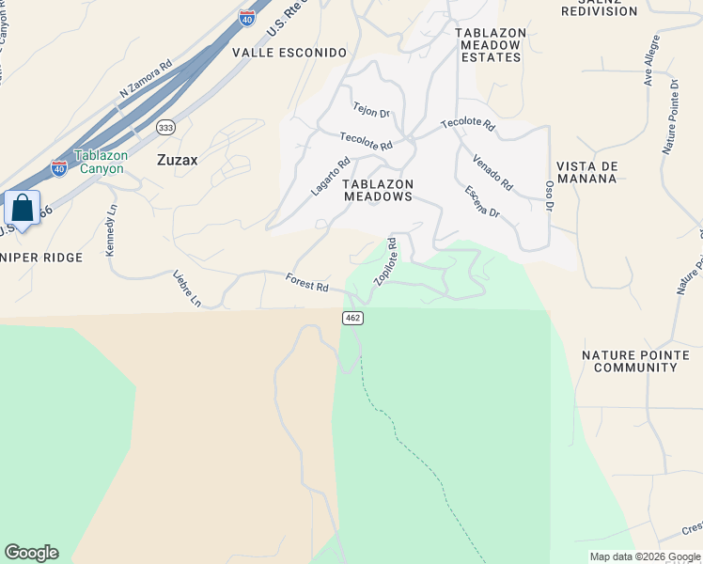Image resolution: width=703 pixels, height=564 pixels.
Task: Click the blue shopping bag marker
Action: coord(22,208)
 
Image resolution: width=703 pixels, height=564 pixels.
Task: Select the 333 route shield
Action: coord(166,127)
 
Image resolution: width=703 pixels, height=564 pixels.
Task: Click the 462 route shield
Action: coord(352,319)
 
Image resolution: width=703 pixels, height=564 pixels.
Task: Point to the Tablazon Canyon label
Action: coord(100,162)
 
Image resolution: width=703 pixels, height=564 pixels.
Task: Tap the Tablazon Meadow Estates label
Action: coord(489,44)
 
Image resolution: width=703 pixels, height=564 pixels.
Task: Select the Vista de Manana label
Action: coord(587,173)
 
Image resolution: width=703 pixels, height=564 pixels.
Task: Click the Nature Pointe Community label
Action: coord(635,361)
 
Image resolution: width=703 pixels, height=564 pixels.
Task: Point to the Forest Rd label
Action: coord(307,281)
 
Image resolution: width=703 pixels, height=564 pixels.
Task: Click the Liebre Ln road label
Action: coord(188,288)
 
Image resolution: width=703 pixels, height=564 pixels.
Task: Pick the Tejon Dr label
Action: coord(370,110)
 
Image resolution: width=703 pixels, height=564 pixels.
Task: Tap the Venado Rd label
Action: coord(492,170)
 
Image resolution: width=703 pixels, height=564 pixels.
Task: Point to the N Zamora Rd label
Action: coord(146,80)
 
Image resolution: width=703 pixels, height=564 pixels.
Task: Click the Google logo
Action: coord(31,553)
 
